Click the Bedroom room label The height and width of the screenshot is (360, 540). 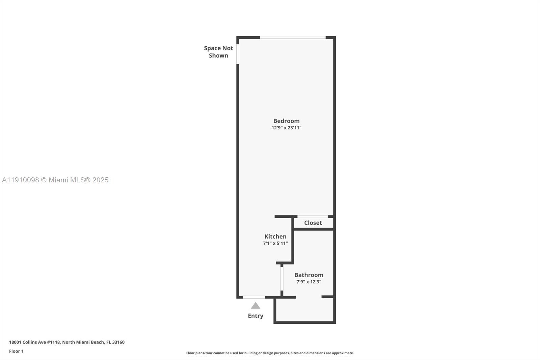tap(286, 121)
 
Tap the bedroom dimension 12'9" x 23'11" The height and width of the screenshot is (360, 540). tap(286, 128)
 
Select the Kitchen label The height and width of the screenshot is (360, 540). tap(275, 236)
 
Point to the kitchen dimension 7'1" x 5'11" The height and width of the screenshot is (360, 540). tap(275, 243)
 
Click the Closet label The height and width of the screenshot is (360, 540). tap(313, 223)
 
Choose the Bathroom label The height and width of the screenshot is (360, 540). tap(308, 275)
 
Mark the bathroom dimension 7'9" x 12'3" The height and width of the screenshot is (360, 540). tap(308, 282)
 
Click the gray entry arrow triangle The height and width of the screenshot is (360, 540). tap(255, 306)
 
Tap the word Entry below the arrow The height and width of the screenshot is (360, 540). tap(255, 316)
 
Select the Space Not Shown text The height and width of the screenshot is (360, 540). tap(218, 52)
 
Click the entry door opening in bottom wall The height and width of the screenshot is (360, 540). tap(254, 297)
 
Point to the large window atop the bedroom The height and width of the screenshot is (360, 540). tap(293, 37)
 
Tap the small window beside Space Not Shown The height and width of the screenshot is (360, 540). tap(238, 54)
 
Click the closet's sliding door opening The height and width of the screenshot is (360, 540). tap(313, 216)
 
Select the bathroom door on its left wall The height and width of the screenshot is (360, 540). tap(281, 279)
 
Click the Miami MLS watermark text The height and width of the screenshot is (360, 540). tap(55, 180)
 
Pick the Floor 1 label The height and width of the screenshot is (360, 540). tap(16, 351)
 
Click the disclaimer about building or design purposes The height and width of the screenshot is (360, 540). tap(270, 353)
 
